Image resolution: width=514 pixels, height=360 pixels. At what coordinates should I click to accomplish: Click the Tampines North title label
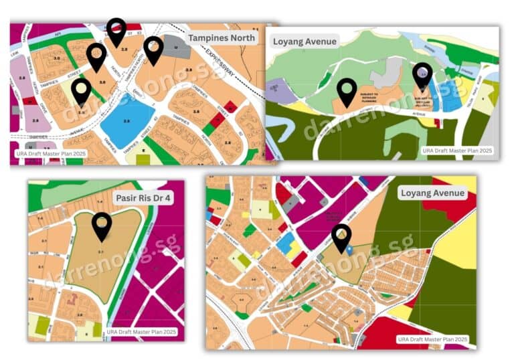point(222,37)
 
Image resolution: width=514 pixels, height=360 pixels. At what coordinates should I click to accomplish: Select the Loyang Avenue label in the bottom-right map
point(432,193)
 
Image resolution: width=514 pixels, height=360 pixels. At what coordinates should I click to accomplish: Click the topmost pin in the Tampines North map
point(116,31)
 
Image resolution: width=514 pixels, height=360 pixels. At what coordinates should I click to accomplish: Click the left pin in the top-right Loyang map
point(347,91)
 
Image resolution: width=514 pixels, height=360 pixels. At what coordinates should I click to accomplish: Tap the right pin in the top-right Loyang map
point(422,76)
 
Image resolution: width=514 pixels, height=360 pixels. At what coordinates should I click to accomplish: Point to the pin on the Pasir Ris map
point(102,226)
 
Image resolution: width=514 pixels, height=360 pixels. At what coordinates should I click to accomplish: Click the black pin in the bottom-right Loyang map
point(341,238)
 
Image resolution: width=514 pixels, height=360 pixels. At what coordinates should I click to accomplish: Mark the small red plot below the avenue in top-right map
point(438,123)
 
